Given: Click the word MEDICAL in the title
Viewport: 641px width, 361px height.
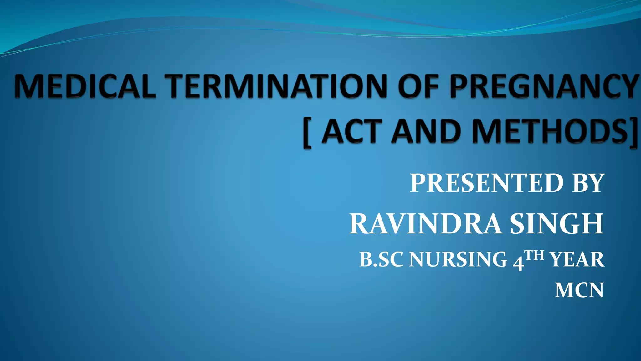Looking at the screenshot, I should [x=85, y=86].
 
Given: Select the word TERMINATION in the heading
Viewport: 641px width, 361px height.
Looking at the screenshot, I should [x=276, y=86].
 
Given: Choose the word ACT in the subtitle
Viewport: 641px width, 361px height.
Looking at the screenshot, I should [x=352, y=131].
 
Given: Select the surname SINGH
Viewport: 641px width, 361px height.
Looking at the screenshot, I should [x=556, y=224].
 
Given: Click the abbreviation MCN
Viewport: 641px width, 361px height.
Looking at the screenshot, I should [x=579, y=290].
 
